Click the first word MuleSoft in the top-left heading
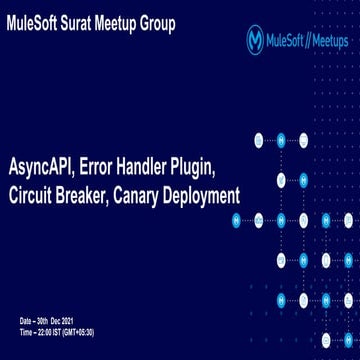click(x=38, y=23)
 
